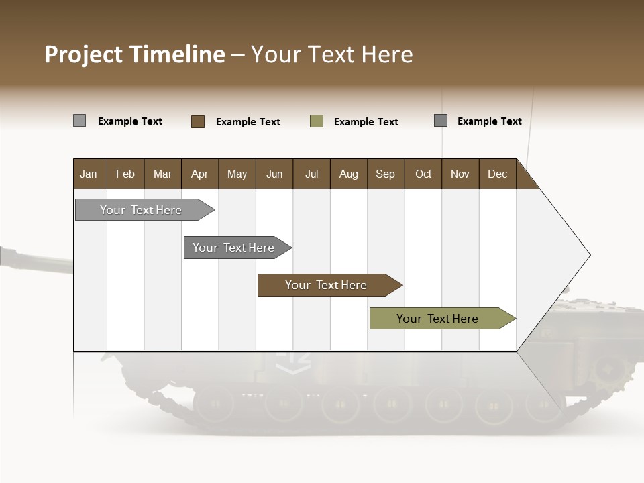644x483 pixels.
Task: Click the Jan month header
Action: point(89,174)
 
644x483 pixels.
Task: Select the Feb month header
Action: point(125,174)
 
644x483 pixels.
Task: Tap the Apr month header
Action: point(200,174)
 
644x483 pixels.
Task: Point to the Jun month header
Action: point(274,174)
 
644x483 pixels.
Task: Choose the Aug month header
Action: point(349,174)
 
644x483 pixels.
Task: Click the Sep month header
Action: point(386,174)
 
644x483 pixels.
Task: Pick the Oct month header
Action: point(423,174)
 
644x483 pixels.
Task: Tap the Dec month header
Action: point(498,174)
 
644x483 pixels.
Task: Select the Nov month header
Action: point(460,174)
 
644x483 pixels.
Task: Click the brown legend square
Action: point(198,121)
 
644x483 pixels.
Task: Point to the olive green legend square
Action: point(317,121)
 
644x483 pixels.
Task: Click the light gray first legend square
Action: point(80,121)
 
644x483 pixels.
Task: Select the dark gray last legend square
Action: point(441,121)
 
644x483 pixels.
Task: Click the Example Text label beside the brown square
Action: point(248,122)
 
